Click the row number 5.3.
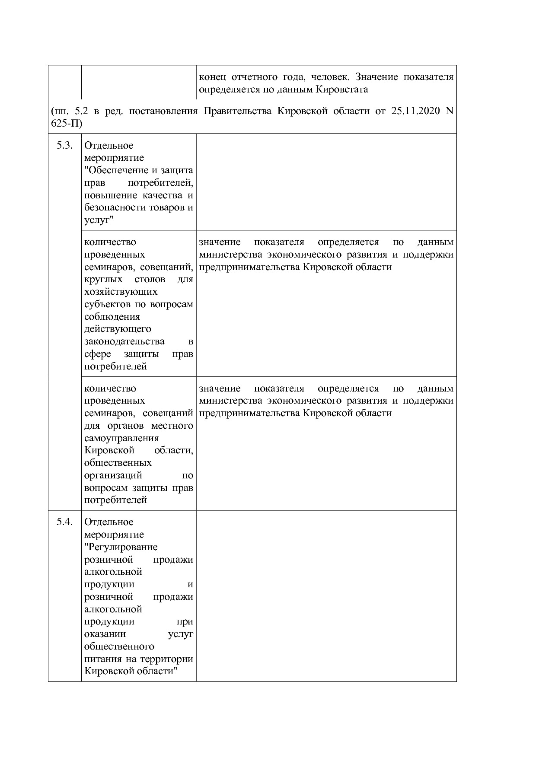64,146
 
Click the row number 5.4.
64,522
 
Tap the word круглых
103,279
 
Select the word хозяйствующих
121,292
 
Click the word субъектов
108,304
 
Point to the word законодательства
124,341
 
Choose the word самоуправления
121,438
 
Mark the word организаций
113,475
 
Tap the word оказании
105,634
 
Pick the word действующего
118,329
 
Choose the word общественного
119,647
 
